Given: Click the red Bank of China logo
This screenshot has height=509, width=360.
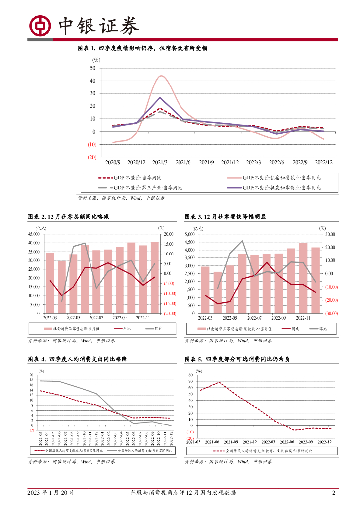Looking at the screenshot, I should (x=39, y=26).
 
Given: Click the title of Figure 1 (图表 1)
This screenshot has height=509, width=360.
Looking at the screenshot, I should (x=142, y=48).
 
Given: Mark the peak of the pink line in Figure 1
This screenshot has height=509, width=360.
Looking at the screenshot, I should (x=161, y=76).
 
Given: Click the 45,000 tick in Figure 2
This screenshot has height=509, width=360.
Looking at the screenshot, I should (x=34, y=234).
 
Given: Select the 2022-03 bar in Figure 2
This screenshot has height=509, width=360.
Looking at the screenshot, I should (x=50, y=283).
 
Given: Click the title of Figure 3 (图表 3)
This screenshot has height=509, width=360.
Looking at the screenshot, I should (x=225, y=217).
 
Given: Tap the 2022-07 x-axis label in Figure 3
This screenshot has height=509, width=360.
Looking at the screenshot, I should (x=254, y=318).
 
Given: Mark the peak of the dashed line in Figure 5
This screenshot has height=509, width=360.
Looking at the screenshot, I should (x=219, y=382).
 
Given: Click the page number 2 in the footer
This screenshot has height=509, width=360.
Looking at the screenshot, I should (x=334, y=493).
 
